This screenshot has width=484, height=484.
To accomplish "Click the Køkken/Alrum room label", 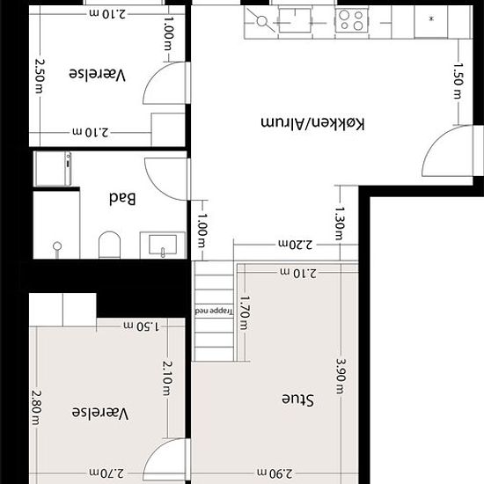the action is tap(312, 123).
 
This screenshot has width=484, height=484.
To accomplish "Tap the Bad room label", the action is tap(122, 199).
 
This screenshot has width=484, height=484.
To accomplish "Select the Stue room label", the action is tap(297, 400).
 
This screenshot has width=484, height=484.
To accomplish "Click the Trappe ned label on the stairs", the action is tap(214, 311).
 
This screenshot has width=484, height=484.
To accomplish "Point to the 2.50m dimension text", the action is tap(40, 77).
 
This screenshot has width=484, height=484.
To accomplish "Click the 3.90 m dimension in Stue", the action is tap(341, 376).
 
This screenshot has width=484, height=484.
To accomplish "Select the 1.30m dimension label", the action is tap(340, 224).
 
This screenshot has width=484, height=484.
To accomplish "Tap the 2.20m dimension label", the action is tap(296, 245).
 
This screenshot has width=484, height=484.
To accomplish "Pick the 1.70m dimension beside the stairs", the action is tap(244, 313).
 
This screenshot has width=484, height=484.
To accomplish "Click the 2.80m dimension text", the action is tap(36, 407).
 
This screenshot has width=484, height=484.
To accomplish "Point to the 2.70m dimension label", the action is tap(106, 473).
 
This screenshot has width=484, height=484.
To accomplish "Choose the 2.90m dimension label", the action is tap(275, 473).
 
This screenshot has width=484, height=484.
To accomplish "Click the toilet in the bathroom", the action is tap(110, 245).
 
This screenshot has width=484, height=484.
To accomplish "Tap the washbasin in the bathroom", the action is tap(163, 245).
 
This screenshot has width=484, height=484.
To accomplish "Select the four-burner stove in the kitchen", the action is tap(352, 20).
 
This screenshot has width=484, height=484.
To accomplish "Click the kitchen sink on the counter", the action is tap(295, 20).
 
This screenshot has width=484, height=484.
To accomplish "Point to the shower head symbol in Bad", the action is tap(57, 248).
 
